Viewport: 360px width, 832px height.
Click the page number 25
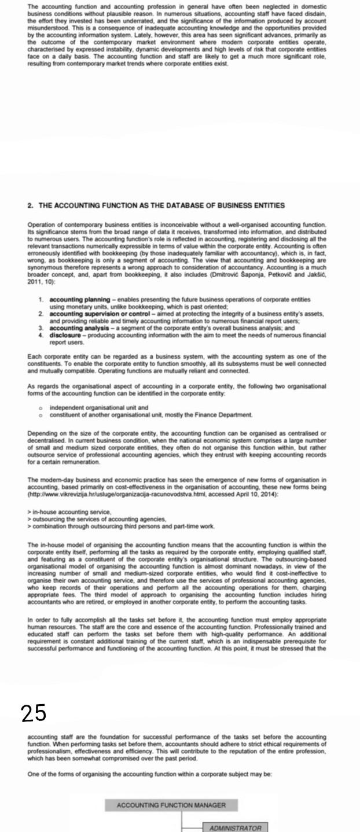[34, 713]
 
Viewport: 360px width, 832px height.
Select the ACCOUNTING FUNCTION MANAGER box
[171, 805]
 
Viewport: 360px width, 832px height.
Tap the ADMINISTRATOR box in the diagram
[235, 827]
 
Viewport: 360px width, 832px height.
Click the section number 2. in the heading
[30, 205]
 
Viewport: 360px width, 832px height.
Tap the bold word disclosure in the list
[64, 334]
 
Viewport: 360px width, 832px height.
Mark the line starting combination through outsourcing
[122, 526]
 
